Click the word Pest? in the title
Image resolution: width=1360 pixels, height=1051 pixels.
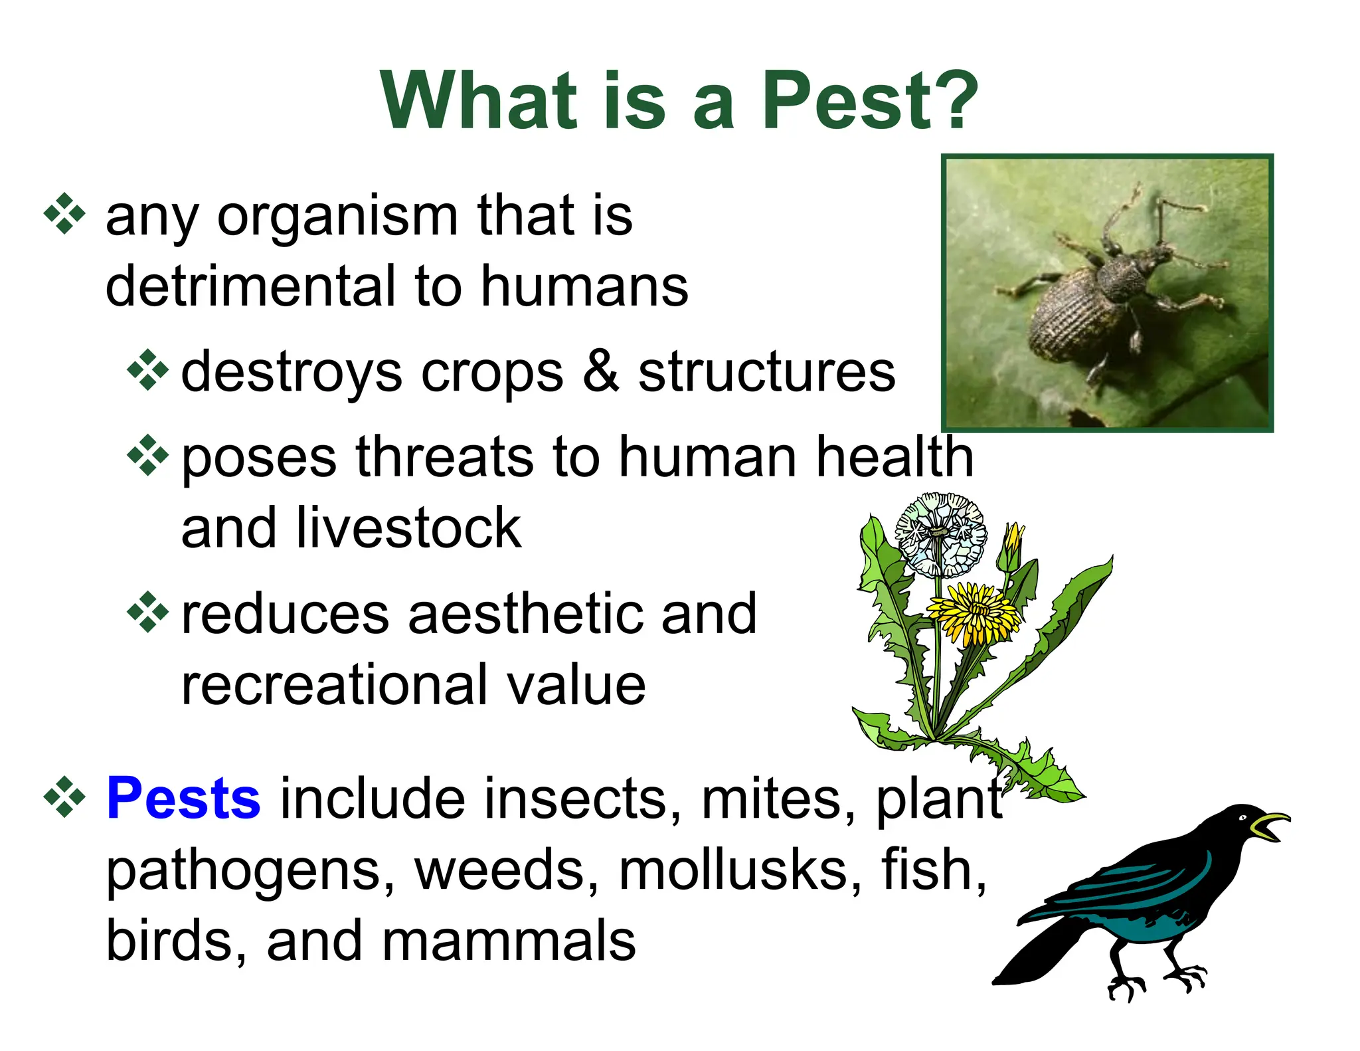[x=870, y=101]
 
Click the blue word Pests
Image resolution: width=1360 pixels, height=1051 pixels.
[x=183, y=799]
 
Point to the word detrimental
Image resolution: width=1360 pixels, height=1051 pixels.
[x=250, y=287]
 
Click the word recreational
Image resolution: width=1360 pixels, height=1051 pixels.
[x=332, y=684]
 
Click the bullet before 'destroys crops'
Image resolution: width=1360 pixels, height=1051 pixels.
[x=147, y=369]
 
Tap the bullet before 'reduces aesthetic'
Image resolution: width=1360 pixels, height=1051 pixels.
[x=147, y=611]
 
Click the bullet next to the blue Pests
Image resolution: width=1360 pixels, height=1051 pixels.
[x=64, y=796]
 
